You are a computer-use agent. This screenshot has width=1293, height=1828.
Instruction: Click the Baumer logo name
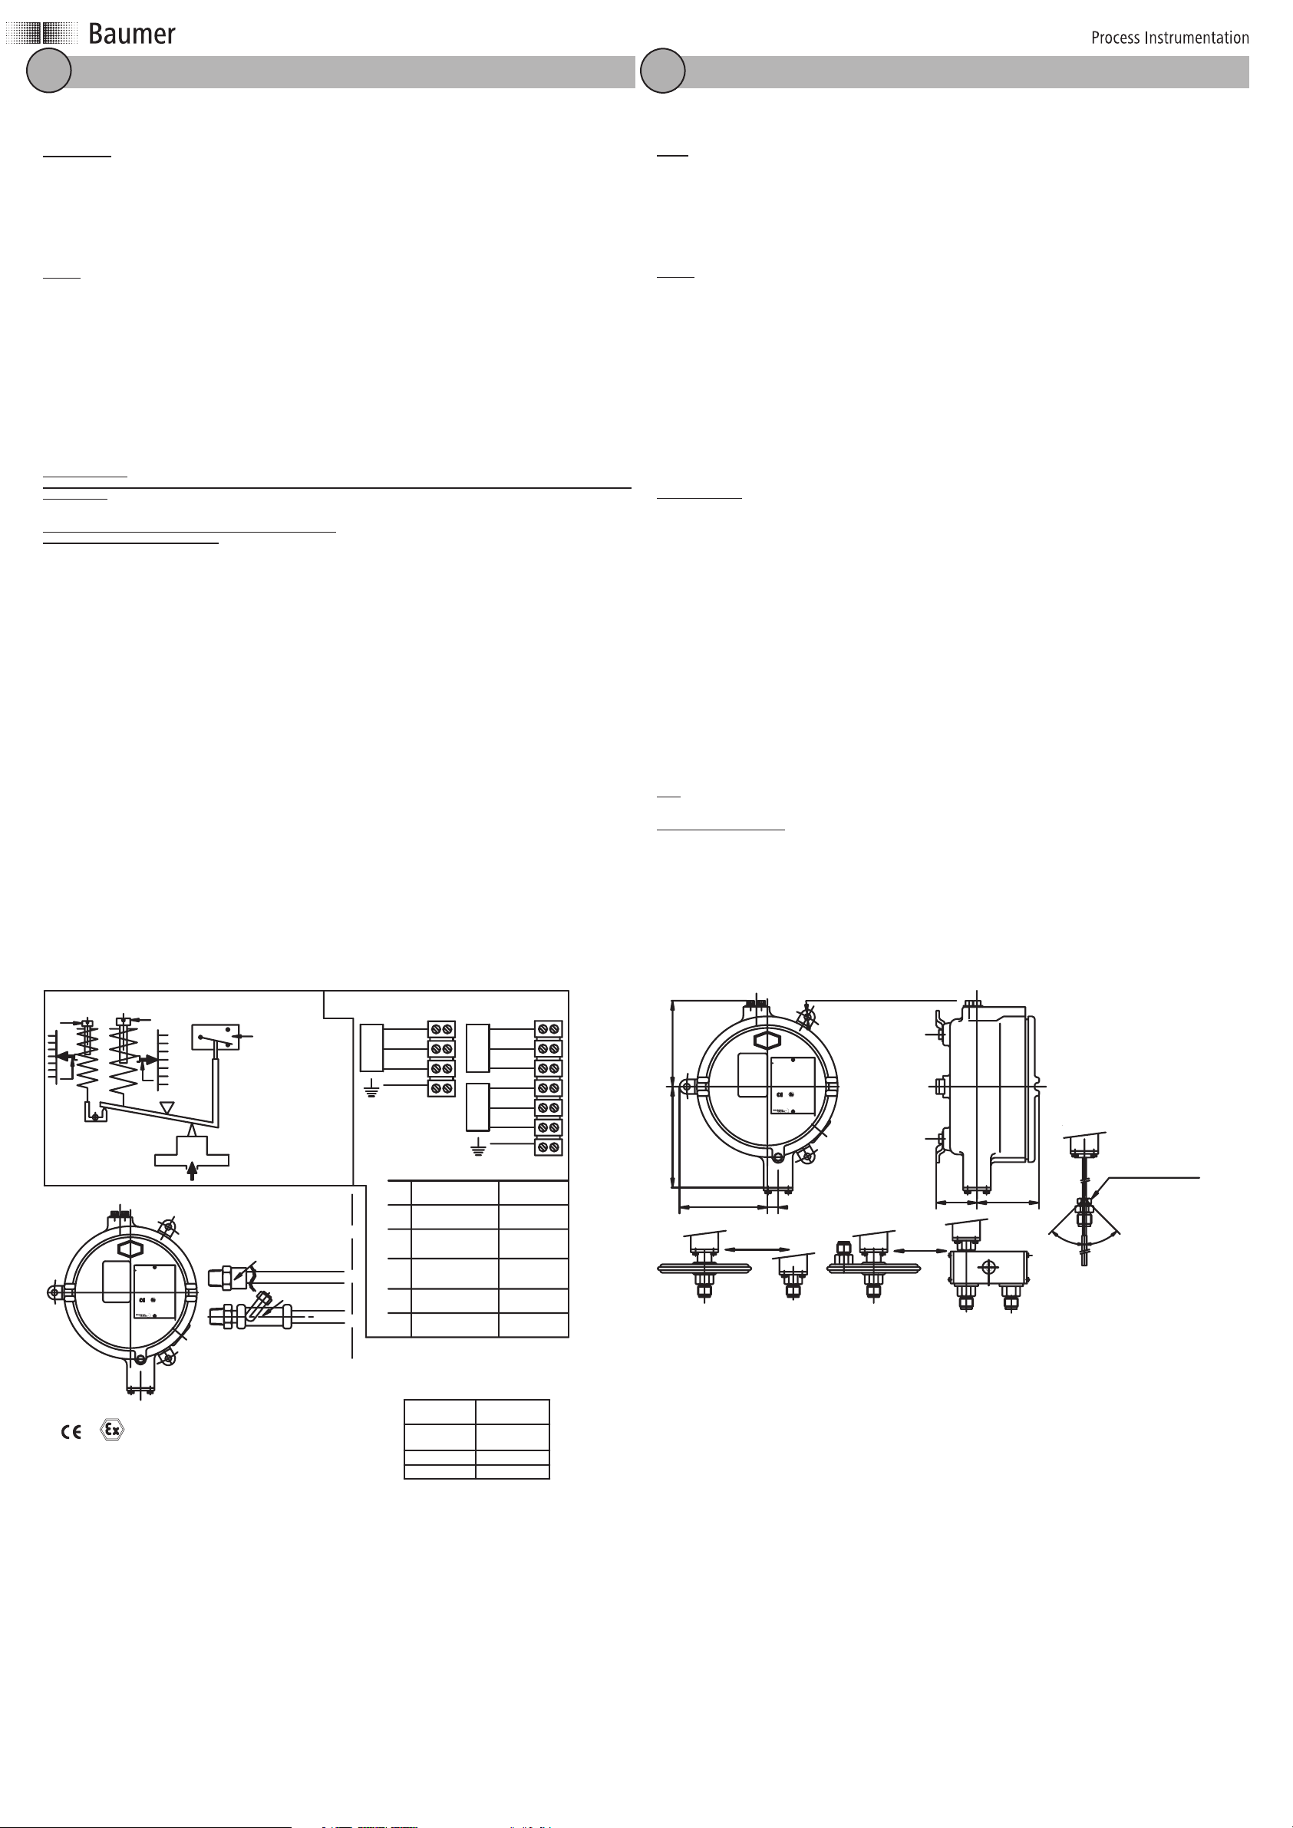tap(131, 35)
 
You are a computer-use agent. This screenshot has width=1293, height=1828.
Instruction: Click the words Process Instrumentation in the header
tap(1169, 38)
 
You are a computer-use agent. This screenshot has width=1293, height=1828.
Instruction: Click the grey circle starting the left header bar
tap(48, 71)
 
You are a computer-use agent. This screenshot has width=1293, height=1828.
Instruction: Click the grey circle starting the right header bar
tap(663, 71)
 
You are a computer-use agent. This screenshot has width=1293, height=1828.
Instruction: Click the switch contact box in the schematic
tap(215, 1037)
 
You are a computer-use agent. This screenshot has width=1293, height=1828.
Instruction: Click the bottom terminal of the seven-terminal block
tap(548, 1147)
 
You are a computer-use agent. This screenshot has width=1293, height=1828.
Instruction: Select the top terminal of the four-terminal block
tap(441, 1029)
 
